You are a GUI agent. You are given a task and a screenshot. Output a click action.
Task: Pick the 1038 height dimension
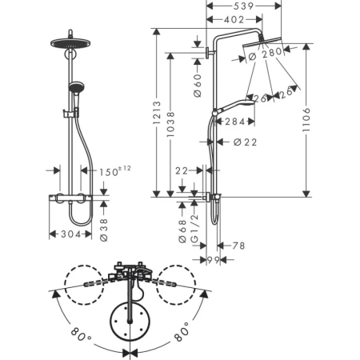171,124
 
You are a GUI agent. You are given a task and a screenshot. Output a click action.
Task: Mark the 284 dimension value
234,122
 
